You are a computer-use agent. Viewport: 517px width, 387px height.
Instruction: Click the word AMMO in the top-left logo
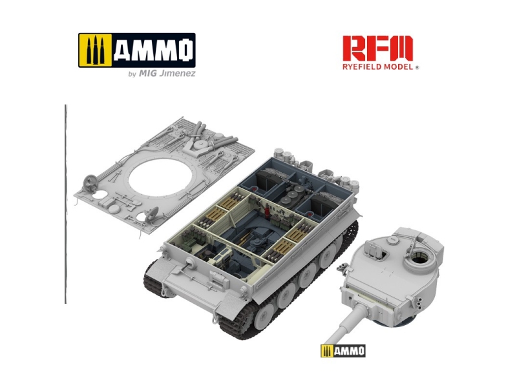pos(153,50)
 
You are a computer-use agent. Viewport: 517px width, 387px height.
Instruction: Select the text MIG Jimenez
pos(167,73)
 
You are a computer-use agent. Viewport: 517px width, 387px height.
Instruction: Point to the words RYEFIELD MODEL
pos(377,67)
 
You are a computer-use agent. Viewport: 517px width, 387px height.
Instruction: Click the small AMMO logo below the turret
pos(343,351)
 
